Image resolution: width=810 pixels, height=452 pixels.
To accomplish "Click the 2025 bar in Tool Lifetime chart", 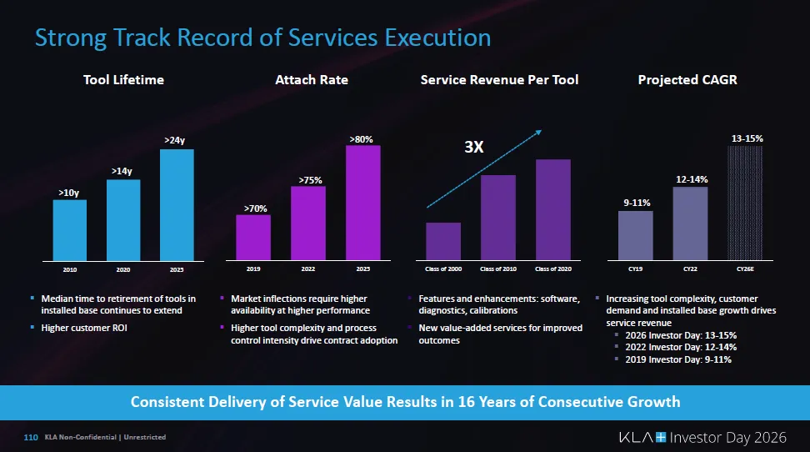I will click(177, 204).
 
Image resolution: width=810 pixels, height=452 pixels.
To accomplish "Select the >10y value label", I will click(68, 193).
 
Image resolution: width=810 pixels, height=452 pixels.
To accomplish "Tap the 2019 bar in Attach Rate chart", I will click(252, 238).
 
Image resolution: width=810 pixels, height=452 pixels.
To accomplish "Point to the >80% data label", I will click(362, 139).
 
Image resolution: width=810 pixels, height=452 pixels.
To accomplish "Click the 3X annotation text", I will click(474, 148).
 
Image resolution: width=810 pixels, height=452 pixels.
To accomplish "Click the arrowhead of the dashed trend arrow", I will click(540, 131).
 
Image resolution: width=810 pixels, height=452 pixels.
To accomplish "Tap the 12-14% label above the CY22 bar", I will click(692, 179).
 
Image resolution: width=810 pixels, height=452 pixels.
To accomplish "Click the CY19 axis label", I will click(635, 269).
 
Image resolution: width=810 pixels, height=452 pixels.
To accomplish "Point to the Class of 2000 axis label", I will click(443, 269).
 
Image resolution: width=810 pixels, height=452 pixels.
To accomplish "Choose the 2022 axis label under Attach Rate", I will click(307, 269).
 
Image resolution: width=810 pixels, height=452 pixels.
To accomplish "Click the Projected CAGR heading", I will click(687, 80).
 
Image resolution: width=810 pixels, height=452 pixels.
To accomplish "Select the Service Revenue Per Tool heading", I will click(499, 80).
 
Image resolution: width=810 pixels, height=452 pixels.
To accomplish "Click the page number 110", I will click(32, 437).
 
